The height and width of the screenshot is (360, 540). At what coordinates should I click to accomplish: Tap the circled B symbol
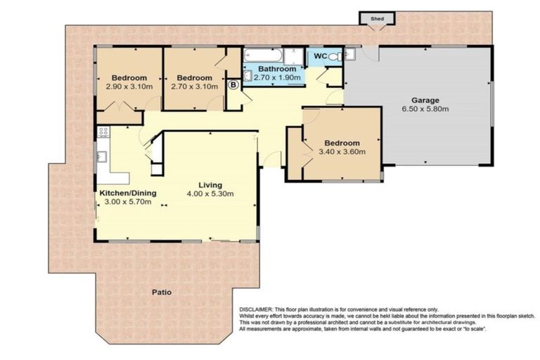click(234, 84)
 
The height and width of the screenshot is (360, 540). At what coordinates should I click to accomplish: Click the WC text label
click(320, 56)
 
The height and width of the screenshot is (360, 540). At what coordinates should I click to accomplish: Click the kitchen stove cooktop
click(103, 132)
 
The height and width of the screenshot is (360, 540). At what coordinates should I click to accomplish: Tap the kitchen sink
click(102, 156)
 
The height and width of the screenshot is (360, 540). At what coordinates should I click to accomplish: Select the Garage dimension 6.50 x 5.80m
click(425, 109)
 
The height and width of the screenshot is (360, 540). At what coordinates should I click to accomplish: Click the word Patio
click(162, 292)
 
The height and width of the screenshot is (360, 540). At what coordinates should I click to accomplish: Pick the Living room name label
click(210, 183)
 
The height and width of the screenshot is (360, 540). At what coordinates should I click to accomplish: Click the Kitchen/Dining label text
click(127, 193)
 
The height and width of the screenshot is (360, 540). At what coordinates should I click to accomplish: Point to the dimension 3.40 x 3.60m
click(340, 151)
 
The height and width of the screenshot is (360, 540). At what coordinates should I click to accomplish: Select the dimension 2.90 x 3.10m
click(127, 86)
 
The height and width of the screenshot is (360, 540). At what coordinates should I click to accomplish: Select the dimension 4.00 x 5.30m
click(210, 193)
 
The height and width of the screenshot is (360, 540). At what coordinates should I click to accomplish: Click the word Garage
click(425, 100)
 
